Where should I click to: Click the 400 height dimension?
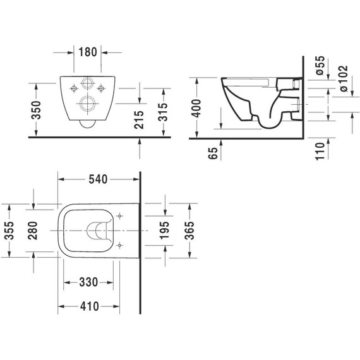[x=197, y=105]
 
